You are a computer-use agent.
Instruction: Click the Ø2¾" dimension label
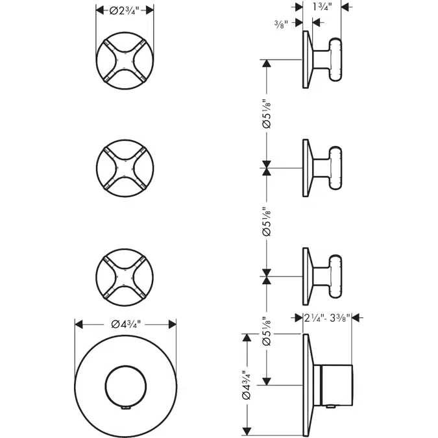coord(125,10)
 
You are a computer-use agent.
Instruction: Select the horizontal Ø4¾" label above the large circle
coord(125,324)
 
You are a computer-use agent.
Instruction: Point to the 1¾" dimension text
coord(322,8)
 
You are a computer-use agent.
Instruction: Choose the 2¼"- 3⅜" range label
coord(328,318)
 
